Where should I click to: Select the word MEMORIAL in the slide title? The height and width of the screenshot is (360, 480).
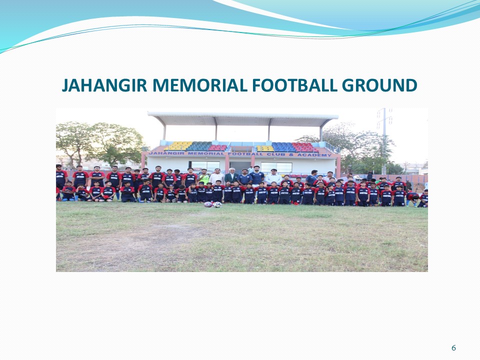pyautogui.click(x=199, y=85)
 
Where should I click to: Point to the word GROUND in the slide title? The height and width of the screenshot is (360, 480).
pyautogui.click(x=379, y=85)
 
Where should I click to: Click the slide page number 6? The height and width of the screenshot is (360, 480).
pyautogui.click(x=453, y=348)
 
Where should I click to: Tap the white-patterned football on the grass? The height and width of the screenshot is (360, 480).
pyautogui.click(x=217, y=205)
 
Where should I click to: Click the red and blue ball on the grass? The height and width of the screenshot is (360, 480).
pyautogui.click(x=208, y=204)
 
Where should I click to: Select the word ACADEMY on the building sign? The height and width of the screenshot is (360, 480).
pyautogui.click(x=314, y=155)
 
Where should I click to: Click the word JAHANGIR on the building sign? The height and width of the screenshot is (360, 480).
pyautogui.click(x=166, y=153)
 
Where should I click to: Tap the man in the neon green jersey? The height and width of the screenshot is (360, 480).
pyautogui.click(x=203, y=176)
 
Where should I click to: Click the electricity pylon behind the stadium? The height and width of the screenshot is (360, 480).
pyautogui.click(x=384, y=139)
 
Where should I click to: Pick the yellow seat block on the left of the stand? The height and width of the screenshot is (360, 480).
pyautogui.click(x=178, y=145)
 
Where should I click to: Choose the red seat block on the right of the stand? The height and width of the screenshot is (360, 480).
pyautogui.click(x=304, y=147)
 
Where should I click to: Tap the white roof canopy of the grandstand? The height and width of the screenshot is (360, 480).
pyautogui.click(x=243, y=119)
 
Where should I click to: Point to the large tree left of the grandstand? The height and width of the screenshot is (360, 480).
pyautogui.click(x=99, y=143)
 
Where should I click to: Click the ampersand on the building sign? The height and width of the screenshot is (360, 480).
pyautogui.click(x=291, y=154)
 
